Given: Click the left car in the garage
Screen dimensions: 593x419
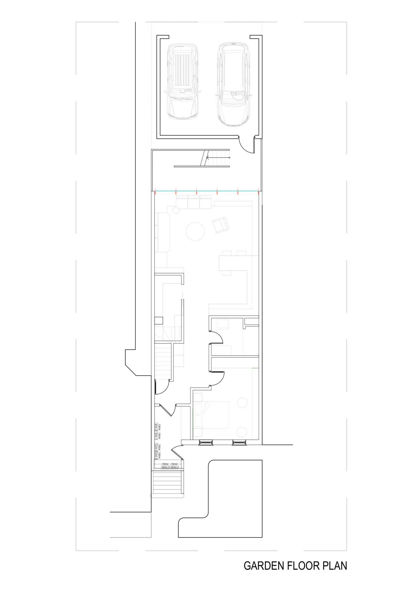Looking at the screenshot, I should point(183,82).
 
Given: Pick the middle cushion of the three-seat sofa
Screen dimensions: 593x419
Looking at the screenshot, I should point(193,203).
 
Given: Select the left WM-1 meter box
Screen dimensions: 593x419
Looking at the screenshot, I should point(165,467).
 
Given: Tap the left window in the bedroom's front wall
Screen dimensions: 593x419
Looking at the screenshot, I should point(205,442).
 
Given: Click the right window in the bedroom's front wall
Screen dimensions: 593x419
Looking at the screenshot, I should point(239,442).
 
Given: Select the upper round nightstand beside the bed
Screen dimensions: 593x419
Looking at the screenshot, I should point(241,402).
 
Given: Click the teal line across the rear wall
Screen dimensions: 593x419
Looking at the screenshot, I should point(207,191).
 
